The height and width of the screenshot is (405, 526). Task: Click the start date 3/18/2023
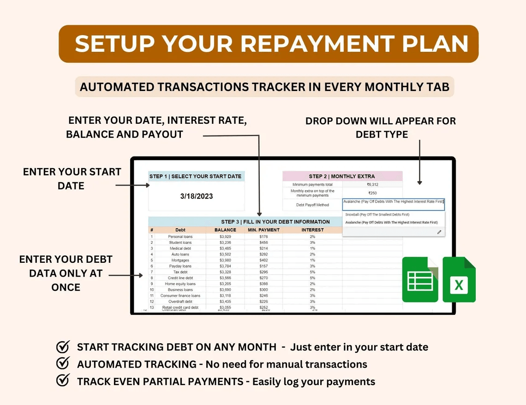tap(197, 196)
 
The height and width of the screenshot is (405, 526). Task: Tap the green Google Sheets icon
tap(420, 280)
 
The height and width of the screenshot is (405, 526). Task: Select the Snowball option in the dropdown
tap(377, 215)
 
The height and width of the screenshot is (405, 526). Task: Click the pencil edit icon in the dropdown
tap(439, 232)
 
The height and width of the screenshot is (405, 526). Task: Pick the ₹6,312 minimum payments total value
tap(373, 185)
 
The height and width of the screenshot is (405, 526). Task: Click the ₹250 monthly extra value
tap(373, 193)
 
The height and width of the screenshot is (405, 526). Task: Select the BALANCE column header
tap(225, 230)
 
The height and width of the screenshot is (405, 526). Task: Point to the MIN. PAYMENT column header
tap(263, 230)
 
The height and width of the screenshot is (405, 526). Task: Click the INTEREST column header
tap(312, 230)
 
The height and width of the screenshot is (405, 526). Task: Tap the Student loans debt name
tap(180, 242)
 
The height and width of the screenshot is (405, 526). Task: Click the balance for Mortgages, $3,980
tap(225, 260)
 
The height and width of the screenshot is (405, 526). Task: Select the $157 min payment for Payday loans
tap(263, 266)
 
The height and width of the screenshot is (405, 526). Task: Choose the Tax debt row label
tap(180, 272)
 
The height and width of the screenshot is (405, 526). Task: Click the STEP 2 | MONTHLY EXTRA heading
tap(342, 176)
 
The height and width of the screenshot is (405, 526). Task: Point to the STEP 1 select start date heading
tap(196, 176)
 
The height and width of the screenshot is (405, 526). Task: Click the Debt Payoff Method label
tap(312, 205)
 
